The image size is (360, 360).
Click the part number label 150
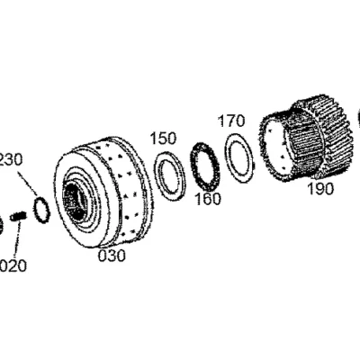point(163,139)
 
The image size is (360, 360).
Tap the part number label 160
point(208,199)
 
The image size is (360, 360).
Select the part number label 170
point(231,121)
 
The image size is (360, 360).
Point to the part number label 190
point(320,189)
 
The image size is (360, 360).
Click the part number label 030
point(112,256)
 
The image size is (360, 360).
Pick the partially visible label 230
point(11,159)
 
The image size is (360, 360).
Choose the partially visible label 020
point(13,265)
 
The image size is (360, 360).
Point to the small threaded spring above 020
point(18,216)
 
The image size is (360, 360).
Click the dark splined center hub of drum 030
point(75,201)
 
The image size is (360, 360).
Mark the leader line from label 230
point(27,184)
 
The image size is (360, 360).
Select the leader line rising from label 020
point(17,239)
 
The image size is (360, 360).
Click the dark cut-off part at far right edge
point(359,120)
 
